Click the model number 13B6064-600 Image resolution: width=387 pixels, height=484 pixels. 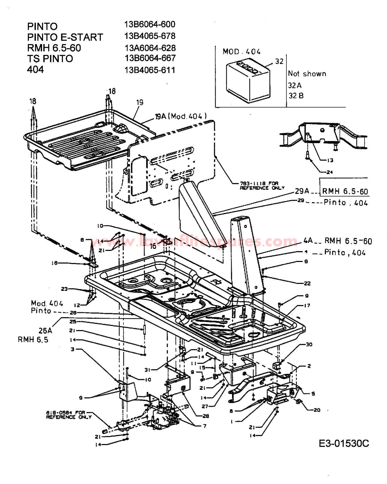point(150,24)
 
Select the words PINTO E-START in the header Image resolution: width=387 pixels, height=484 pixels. point(65,37)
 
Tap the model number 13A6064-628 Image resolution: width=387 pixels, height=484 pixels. point(150,48)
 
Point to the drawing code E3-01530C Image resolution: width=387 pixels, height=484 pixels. point(344,443)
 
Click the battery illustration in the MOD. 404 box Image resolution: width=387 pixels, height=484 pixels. point(248,80)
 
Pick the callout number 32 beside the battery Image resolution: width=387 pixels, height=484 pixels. point(279,61)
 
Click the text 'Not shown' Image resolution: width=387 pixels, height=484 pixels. point(307,74)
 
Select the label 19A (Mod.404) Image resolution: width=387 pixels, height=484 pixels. point(181,116)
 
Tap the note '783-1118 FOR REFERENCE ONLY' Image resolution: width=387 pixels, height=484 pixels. point(262,186)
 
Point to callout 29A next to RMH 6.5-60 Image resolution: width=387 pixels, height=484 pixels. point(302,191)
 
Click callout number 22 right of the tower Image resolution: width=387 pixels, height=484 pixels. point(307,283)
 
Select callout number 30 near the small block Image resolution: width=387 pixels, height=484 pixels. point(309,344)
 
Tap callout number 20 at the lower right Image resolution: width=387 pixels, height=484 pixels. point(317,410)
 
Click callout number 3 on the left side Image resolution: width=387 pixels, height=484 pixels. point(72,349)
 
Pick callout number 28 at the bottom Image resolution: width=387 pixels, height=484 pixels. point(206,416)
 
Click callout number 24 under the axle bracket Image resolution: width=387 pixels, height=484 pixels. point(329,172)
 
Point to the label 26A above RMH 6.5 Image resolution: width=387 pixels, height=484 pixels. point(45,330)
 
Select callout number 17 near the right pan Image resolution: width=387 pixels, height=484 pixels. point(307,305)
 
